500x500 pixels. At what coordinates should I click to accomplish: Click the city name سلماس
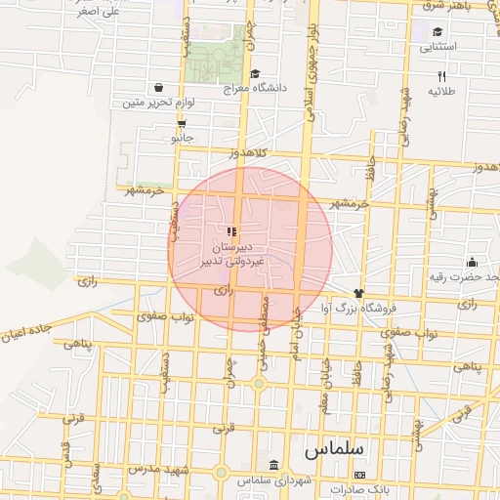click(x=334, y=449)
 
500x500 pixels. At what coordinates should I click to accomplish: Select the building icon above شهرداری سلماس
click(x=272, y=465)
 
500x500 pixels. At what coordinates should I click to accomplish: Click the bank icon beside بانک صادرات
click(x=359, y=475)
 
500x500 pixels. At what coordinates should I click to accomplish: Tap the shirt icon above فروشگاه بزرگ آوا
click(x=358, y=292)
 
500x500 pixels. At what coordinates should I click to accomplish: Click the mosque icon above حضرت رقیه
click(x=472, y=261)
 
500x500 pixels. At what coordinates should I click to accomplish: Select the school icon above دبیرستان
click(x=231, y=231)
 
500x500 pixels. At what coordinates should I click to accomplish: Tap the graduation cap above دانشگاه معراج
click(x=255, y=72)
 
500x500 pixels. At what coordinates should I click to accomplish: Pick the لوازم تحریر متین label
click(x=160, y=102)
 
